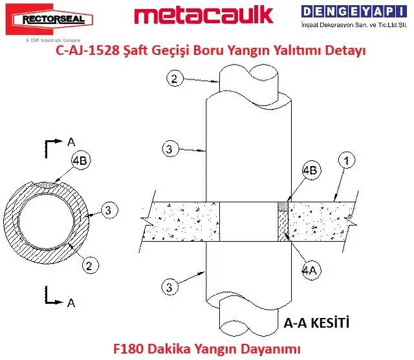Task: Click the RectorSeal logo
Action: pyautogui.click(x=49, y=19)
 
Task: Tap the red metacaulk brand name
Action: pyautogui.click(x=204, y=16)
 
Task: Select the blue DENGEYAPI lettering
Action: pyautogui.click(x=354, y=12)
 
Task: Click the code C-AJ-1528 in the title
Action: pyautogui.click(x=88, y=50)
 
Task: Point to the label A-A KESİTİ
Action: pyautogui.click(x=316, y=323)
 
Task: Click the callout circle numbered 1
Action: pyautogui.click(x=347, y=160)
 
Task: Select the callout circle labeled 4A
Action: pyautogui.click(x=311, y=270)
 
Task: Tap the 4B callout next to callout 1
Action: pyautogui.click(x=311, y=170)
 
